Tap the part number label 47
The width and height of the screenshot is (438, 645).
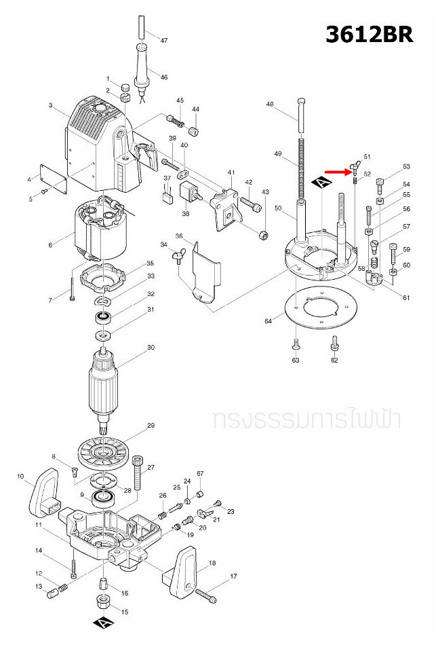[x=163, y=41]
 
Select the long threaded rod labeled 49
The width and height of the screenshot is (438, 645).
[x=298, y=170]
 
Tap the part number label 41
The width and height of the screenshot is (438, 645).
[x=231, y=172]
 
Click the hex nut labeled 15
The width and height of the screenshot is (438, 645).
[x=102, y=602]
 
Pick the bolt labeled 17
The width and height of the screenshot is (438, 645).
[x=205, y=595]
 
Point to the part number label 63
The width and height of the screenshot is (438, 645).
[x=296, y=361]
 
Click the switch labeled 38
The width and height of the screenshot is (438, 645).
[x=188, y=193]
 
